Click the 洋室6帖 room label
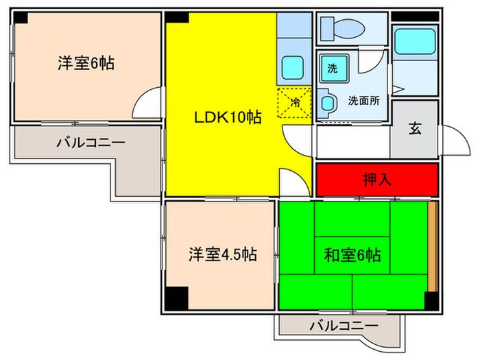[x=85, y=64]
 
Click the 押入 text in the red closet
[x=376, y=180]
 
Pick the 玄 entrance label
[x=415, y=128]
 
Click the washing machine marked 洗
[x=333, y=68]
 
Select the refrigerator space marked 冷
[x=295, y=104]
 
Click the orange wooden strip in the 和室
[x=432, y=246]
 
